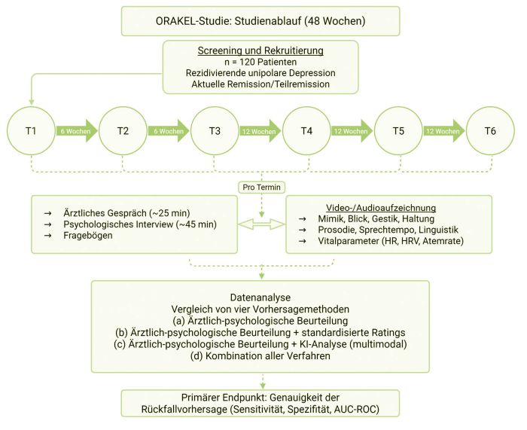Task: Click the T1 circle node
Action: (x=30, y=130)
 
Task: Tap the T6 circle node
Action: (x=490, y=130)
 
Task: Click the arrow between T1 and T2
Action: (x=76, y=130)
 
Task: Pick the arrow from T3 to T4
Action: (x=260, y=130)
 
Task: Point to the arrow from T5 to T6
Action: (x=444, y=130)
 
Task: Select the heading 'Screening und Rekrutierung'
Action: (x=260, y=50)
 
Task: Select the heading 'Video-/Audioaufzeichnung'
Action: (x=391, y=207)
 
